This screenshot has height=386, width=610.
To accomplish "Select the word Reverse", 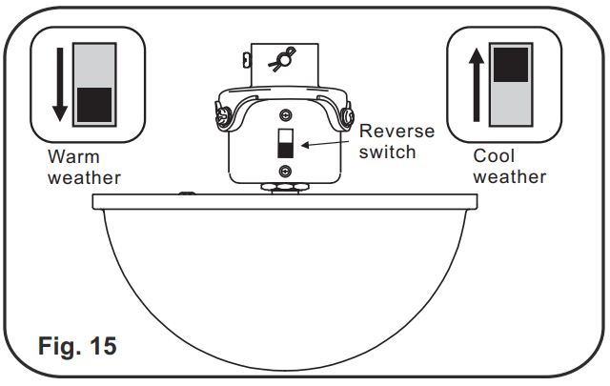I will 396,131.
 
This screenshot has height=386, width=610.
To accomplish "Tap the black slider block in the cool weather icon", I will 510,64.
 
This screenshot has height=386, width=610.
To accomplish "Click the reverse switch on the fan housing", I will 284,145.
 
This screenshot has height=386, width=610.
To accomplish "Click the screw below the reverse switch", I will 284,171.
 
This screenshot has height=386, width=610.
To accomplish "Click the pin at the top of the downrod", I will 282,59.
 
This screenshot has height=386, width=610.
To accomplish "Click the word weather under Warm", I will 84,177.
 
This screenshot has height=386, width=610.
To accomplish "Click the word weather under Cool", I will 510,176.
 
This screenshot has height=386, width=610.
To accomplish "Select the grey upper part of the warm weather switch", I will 93,64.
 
